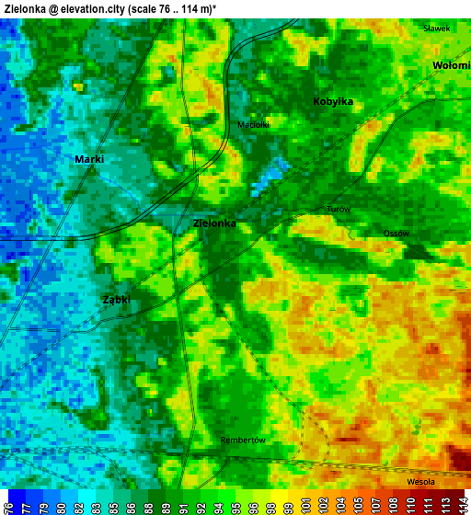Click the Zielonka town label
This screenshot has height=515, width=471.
pos(214,223)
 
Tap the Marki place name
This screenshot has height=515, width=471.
pos(89,159)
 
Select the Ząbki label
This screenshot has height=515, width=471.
pos(116,300)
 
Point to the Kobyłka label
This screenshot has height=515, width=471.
pos(333,102)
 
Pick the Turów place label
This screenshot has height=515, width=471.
pos(339,210)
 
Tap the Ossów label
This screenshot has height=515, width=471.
pos(396,234)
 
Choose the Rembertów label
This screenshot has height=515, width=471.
pos(243,441)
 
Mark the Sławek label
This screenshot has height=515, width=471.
pos(436,29)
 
